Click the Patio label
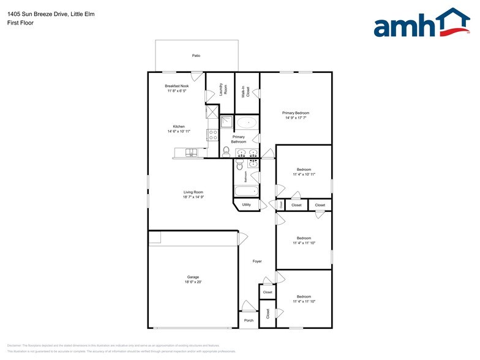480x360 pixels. [196, 56]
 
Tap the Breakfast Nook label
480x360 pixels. [176, 86]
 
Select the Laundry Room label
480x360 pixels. [225, 89]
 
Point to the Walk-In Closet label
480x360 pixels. [246, 92]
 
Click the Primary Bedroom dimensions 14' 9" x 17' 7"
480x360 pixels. [296, 118]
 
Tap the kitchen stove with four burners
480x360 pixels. [213, 135]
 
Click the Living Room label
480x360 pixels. [193, 192]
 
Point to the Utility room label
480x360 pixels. [246, 204]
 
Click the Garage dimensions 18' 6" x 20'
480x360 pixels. [193, 282]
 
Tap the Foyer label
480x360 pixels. [257, 261]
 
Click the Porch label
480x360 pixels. [249, 320]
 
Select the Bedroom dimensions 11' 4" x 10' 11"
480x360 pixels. [304, 174]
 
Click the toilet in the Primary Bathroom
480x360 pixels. [226, 151]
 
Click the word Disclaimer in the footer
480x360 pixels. [15, 346]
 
